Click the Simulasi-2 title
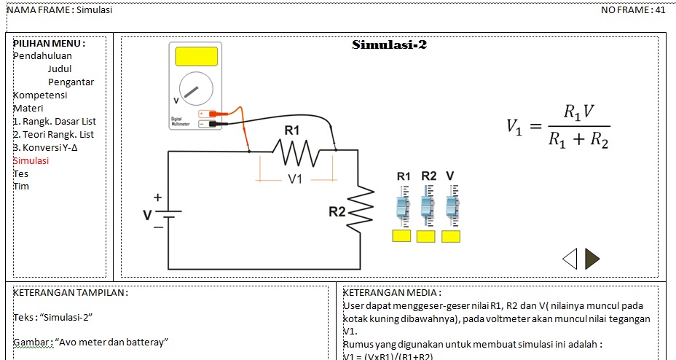coord(389,45)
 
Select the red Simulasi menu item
coord(31,160)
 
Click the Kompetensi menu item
coord(40,95)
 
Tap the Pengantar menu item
coord(71,82)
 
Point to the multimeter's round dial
coord(195,90)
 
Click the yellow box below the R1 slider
coord(401,236)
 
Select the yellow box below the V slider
coord(451,236)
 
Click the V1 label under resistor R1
coord(295,179)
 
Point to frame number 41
coord(660,10)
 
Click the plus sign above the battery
coord(157,197)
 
